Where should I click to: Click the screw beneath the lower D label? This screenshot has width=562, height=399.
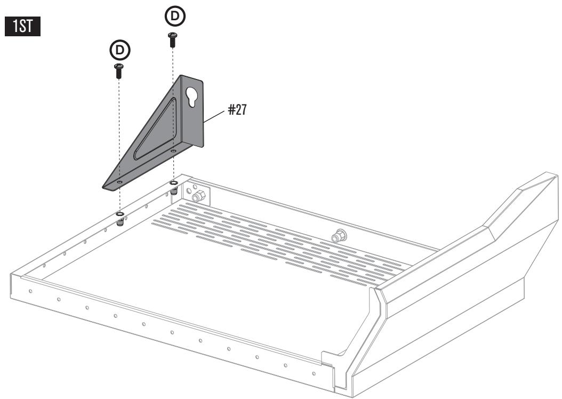point(118,70)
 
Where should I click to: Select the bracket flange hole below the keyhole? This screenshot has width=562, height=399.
point(173,151)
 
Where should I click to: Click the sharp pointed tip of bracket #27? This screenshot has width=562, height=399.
point(103,187)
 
